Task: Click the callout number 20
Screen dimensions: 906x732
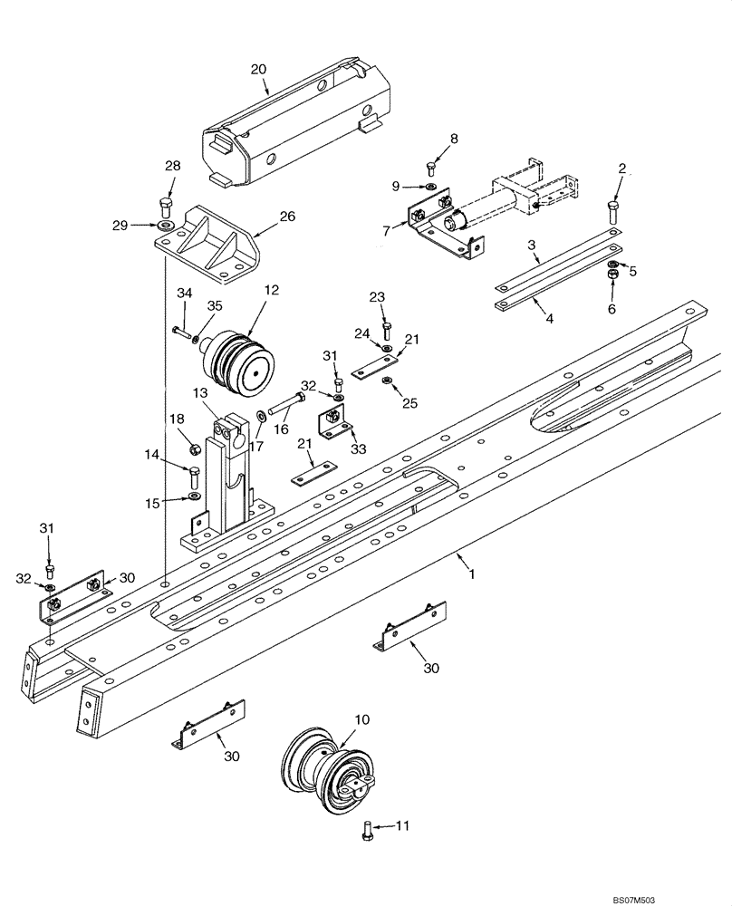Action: [258, 69]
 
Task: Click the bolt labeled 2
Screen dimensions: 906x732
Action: [613, 214]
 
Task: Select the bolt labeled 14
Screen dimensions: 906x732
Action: [193, 476]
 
